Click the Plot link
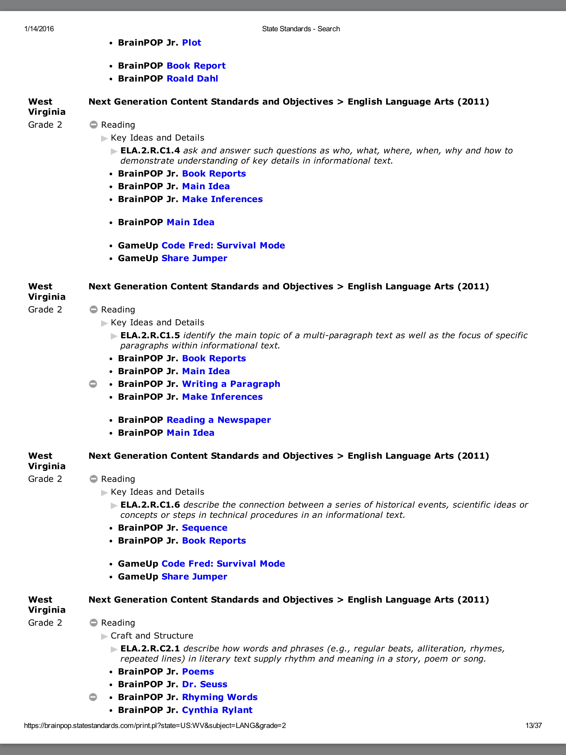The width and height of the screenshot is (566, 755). point(192,43)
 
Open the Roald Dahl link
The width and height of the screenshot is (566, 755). point(192,79)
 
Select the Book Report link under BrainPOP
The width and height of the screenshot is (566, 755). point(196,66)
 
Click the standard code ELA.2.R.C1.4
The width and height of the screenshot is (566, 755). point(150,151)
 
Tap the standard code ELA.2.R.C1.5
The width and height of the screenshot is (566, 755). point(150,335)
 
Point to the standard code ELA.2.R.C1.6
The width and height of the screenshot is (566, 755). point(150,505)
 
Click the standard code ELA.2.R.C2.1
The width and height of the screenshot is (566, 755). point(150,649)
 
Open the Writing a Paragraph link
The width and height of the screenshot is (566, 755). point(231,384)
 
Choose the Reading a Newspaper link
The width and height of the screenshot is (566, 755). point(219,420)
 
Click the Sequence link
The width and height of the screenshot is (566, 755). point(205,528)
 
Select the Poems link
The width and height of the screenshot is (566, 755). point(198,672)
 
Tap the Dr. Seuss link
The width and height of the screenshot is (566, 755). point(205,684)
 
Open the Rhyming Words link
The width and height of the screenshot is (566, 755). point(219,697)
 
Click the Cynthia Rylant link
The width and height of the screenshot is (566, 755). point(217,710)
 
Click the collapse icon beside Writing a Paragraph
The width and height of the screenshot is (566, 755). point(93,384)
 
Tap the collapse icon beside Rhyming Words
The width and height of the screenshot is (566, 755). point(93,697)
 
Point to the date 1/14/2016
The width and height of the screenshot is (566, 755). point(39,29)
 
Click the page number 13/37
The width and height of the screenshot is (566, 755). point(533,726)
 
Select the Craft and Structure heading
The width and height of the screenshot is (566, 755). point(152,636)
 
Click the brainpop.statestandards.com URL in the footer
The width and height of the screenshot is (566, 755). point(155,726)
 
